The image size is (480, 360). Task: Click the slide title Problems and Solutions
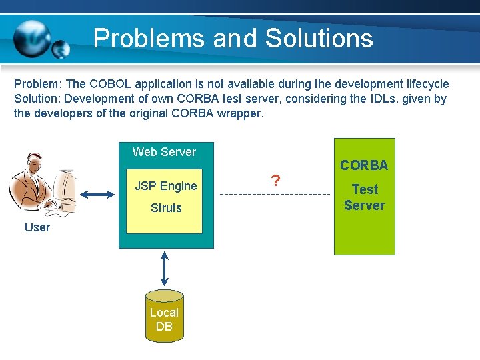tap(233, 38)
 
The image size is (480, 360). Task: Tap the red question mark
tap(274, 181)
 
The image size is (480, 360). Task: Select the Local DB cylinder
tap(164, 316)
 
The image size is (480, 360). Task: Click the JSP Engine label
tap(166, 186)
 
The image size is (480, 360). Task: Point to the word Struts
tap(166, 208)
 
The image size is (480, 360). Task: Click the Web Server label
tap(164, 152)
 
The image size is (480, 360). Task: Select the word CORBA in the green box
tap(364, 165)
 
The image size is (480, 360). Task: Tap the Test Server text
tap(365, 197)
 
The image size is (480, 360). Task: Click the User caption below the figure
tap(37, 227)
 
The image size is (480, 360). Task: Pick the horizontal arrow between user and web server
tap(97, 195)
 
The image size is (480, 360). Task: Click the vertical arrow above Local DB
tap(165, 269)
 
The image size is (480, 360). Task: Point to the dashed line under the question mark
tap(274, 194)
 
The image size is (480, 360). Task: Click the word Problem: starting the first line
tap(37, 85)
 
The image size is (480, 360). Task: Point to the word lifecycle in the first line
tap(425, 85)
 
